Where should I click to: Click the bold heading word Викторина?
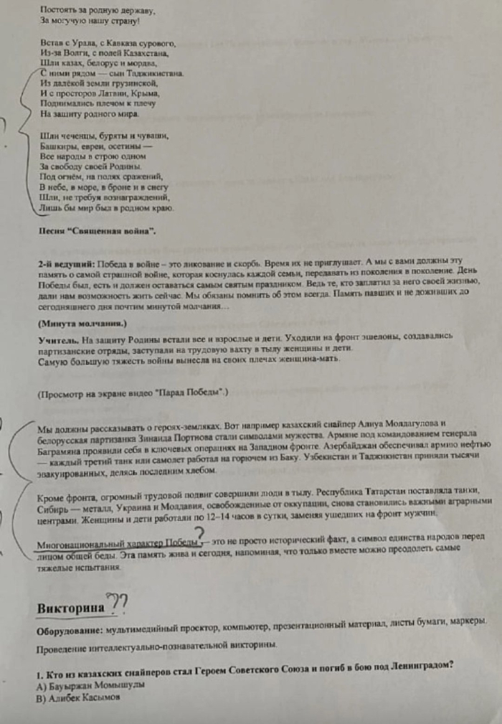(69, 608)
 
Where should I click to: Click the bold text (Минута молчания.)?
(82, 324)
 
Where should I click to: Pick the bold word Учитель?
(57, 338)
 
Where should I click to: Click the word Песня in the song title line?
(52, 231)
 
